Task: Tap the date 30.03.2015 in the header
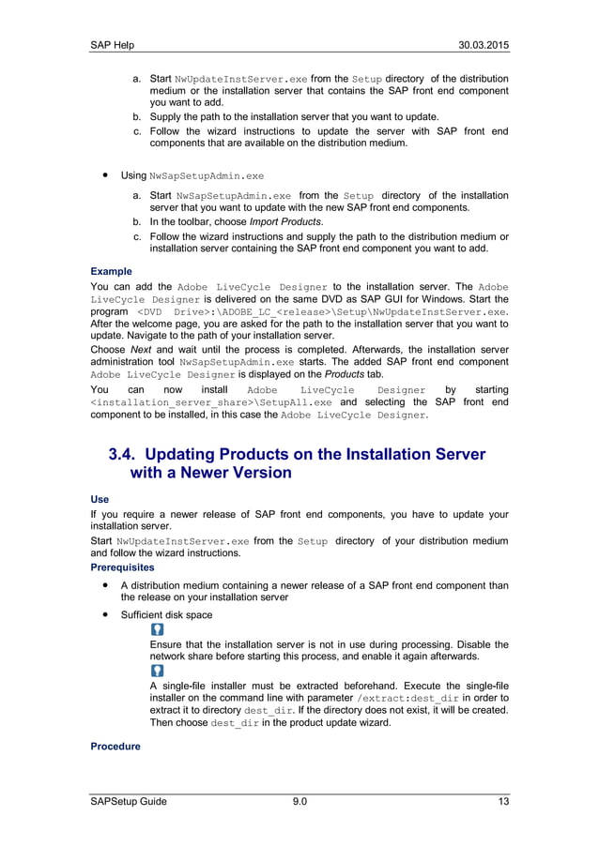pyautogui.click(x=483, y=46)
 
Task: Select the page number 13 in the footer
pyautogui.click(x=502, y=800)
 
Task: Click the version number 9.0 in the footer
pyautogui.click(x=299, y=800)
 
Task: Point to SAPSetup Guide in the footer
pyautogui.click(x=129, y=800)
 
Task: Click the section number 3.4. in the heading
pyautogui.click(x=127, y=454)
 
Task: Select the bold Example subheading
pyautogui.click(x=111, y=271)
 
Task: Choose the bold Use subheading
pyautogui.click(x=100, y=500)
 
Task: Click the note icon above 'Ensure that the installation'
pyautogui.click(x=157, y=630)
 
